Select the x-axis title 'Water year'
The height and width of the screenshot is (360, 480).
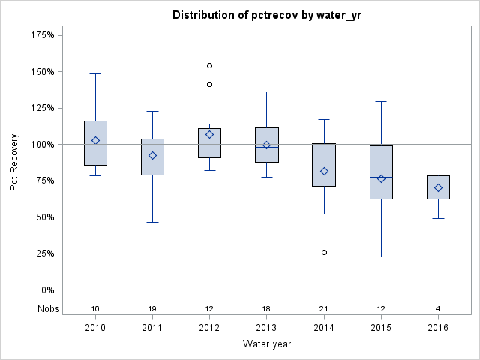pos(267,343)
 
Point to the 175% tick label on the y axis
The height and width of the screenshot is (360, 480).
pos(43,35)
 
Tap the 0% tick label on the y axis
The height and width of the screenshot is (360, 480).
pos(47,289)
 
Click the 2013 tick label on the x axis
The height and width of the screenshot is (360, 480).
pos(267,327)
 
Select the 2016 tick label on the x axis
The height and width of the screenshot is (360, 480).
pos(438,327)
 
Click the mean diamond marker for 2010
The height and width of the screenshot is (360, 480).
pos(95,140)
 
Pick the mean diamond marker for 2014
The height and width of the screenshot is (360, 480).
pos(324,171)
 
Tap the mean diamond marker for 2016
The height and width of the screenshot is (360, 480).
pos(438,187)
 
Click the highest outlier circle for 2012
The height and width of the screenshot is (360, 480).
pos(209,66)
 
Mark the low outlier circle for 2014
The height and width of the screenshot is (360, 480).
pos(324,252)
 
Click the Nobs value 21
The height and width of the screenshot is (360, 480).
pos(324,309)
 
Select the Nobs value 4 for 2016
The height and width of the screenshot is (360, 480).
pos(438,309)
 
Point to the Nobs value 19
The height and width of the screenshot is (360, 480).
pos(152,309)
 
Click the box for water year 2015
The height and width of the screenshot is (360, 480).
pos(381,172)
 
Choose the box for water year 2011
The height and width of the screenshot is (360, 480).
pos(152,157)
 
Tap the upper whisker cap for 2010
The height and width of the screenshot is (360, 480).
pos(95,73)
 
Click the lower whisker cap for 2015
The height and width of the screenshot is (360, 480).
pos(381,256)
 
